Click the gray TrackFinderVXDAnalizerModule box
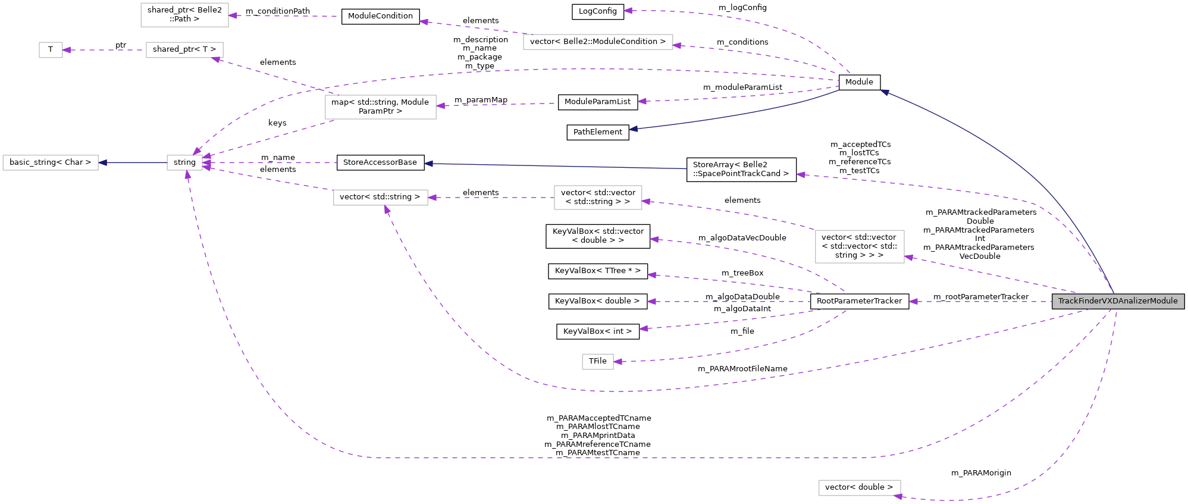pos(1118,301)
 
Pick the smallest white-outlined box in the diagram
pos(51,50)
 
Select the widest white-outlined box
pos(598,42)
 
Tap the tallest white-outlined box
pos(860,246)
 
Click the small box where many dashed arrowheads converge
pos(184,162)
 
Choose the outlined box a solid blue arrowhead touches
pos(51,162)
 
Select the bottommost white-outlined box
pos(860,488)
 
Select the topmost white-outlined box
pos(184,15)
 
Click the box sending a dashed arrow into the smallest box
pos(184,50)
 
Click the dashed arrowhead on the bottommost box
pos(898,496)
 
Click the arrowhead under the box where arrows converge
pos(187,175)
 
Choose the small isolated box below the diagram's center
pos(598,362)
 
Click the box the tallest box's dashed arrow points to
pos(598,198)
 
